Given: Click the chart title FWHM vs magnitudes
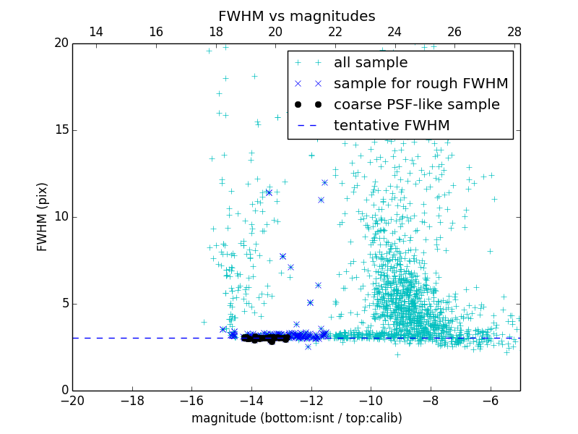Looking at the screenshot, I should (296, 16).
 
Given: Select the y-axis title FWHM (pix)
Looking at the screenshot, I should (43, 217).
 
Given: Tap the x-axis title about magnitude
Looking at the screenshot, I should (296, 418).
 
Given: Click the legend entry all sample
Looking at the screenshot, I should (370, 63).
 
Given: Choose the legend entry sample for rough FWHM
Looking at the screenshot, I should (420, 84).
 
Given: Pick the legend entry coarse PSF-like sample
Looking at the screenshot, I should (416, 105).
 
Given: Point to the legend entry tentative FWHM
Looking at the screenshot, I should (391, 126).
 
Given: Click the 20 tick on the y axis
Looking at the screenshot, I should (61, 43).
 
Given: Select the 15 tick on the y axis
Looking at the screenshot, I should (61, 130).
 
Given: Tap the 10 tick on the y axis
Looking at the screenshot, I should (61, 217).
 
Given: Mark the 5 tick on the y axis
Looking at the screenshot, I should (64, 304).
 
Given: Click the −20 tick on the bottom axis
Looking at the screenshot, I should (72, 400).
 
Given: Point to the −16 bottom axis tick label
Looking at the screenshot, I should (191, 400).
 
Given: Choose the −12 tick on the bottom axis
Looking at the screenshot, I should (311, 400).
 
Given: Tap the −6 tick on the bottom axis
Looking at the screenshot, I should (490, 400).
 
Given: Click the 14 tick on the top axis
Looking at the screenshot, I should (96, 32).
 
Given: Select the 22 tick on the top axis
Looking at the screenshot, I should (335, 32).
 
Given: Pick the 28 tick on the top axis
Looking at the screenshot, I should (514, 32).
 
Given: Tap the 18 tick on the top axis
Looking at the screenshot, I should (215, 32).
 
